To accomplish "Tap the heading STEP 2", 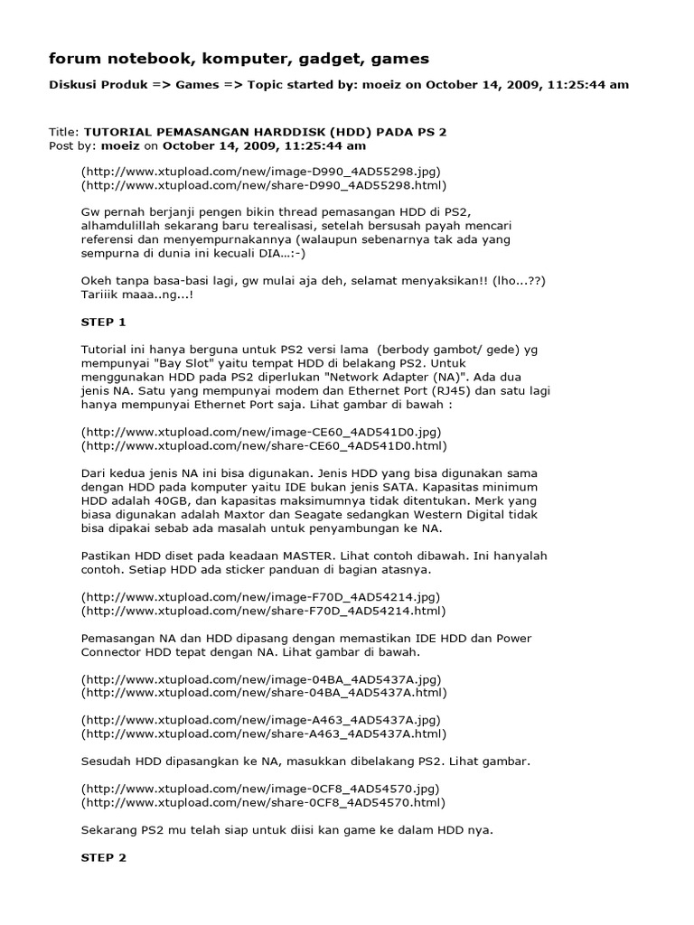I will pos(104,857).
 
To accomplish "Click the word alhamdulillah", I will pos(125,228).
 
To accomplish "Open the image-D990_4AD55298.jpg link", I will pos(249,171).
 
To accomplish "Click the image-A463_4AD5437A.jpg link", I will pos(249,720).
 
